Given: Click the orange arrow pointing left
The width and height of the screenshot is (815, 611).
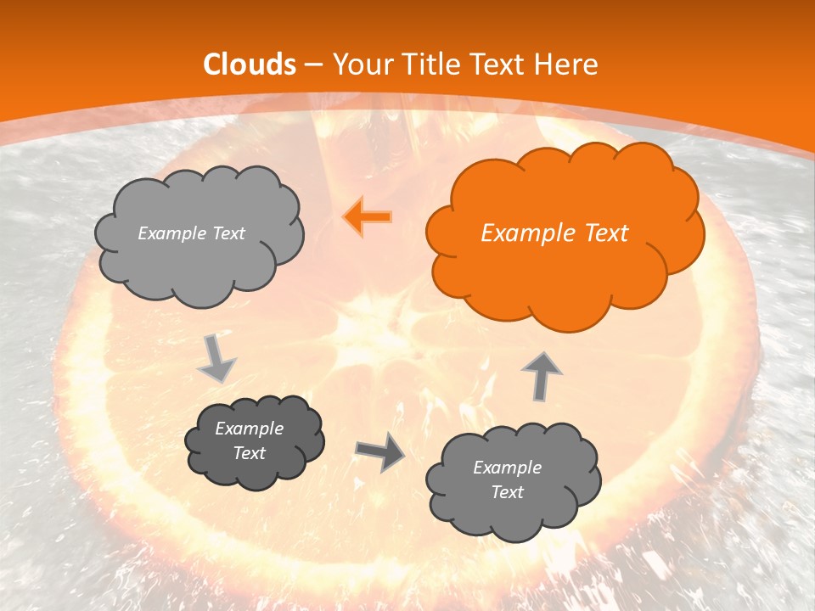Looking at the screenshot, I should (368, 216).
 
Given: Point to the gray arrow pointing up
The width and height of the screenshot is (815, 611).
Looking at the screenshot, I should (541, 375).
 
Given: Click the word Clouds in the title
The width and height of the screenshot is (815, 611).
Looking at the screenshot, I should (250, 64).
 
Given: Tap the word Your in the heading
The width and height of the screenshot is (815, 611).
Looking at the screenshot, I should (359, 64).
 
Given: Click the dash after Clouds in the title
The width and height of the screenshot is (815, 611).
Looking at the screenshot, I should (313, 64).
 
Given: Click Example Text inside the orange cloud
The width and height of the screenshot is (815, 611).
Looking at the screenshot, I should (554, 233).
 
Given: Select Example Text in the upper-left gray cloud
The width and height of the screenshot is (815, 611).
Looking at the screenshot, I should (191, 233).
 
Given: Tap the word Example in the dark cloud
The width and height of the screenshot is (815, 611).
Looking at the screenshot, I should (249, 429).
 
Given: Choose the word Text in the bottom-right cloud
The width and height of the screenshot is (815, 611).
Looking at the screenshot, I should (507, 492).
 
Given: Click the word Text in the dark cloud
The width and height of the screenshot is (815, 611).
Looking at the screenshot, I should (249, 453).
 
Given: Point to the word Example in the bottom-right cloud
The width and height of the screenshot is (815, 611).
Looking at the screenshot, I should (507, 468).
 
